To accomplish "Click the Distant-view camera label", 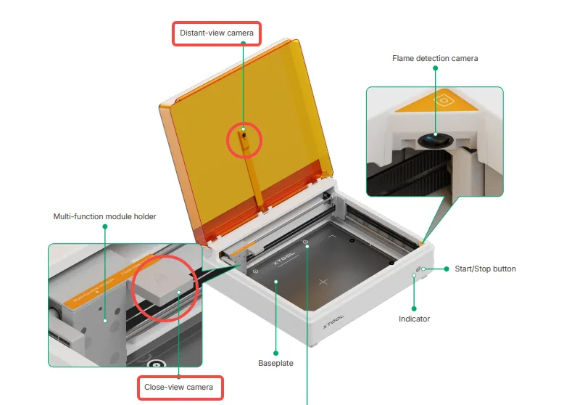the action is point(217,33).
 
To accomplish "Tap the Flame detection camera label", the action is point(435,58).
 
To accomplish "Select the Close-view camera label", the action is point(178,387).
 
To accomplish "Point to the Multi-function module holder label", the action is point(104,216).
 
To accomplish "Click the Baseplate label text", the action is point(275,363).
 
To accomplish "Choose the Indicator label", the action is point(414,319).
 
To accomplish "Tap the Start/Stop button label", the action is point(485,269).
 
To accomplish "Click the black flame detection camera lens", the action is point(436,140).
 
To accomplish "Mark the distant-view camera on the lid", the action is point(244,136).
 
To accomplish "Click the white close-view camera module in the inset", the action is point(164,285).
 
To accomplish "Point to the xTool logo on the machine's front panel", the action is point(333,321).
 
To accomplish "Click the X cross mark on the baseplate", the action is point(323,282).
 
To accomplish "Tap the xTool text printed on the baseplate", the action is point(283,258).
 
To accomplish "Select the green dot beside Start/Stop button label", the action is point(447,269).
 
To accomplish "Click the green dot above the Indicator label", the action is point(414,308).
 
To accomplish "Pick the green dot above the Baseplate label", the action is point(276,353).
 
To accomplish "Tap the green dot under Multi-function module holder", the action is point(105,226).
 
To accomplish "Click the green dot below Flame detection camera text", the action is point(435,68).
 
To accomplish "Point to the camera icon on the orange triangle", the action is point(444,100).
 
